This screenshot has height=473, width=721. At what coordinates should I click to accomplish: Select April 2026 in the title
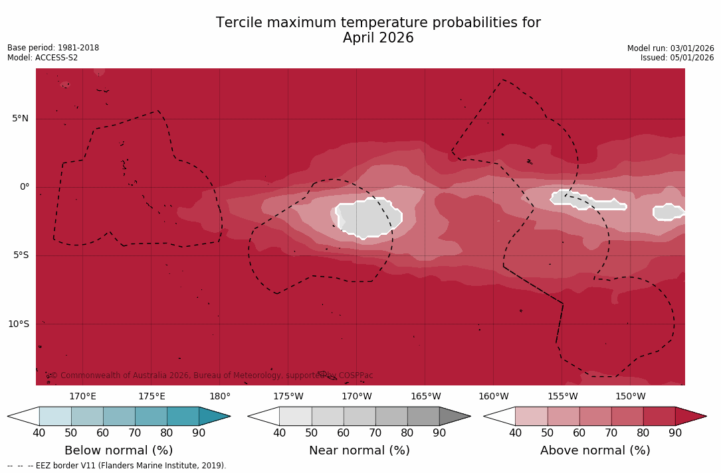378,38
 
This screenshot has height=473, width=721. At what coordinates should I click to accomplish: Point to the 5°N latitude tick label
20,119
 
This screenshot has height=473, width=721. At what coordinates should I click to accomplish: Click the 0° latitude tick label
24,187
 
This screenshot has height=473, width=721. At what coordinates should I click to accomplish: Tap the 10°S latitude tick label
18,324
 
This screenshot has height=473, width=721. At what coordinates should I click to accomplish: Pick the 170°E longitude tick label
82,397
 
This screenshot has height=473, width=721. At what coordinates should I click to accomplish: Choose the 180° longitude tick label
220,397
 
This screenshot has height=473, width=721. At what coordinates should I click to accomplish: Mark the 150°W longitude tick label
630,397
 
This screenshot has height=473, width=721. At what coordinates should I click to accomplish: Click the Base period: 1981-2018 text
53,48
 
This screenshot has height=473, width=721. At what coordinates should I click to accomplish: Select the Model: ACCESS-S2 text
43,58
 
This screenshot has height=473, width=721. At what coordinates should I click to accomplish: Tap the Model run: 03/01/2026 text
670,48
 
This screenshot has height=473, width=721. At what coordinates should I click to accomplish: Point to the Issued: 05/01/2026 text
677,58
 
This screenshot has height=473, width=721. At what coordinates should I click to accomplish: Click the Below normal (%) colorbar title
118,450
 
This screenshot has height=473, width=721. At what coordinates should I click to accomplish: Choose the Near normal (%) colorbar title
359,450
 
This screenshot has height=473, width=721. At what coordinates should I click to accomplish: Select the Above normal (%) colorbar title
595,450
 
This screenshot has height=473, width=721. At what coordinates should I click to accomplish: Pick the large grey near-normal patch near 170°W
369,218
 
